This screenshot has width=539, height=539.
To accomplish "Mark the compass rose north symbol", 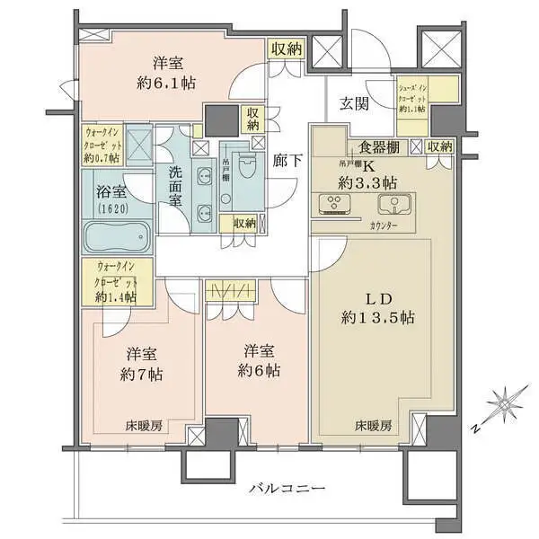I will (504, 399).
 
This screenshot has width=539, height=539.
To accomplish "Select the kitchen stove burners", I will (337, 204).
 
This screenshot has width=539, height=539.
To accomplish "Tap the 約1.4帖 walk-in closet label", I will (117, 296).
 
